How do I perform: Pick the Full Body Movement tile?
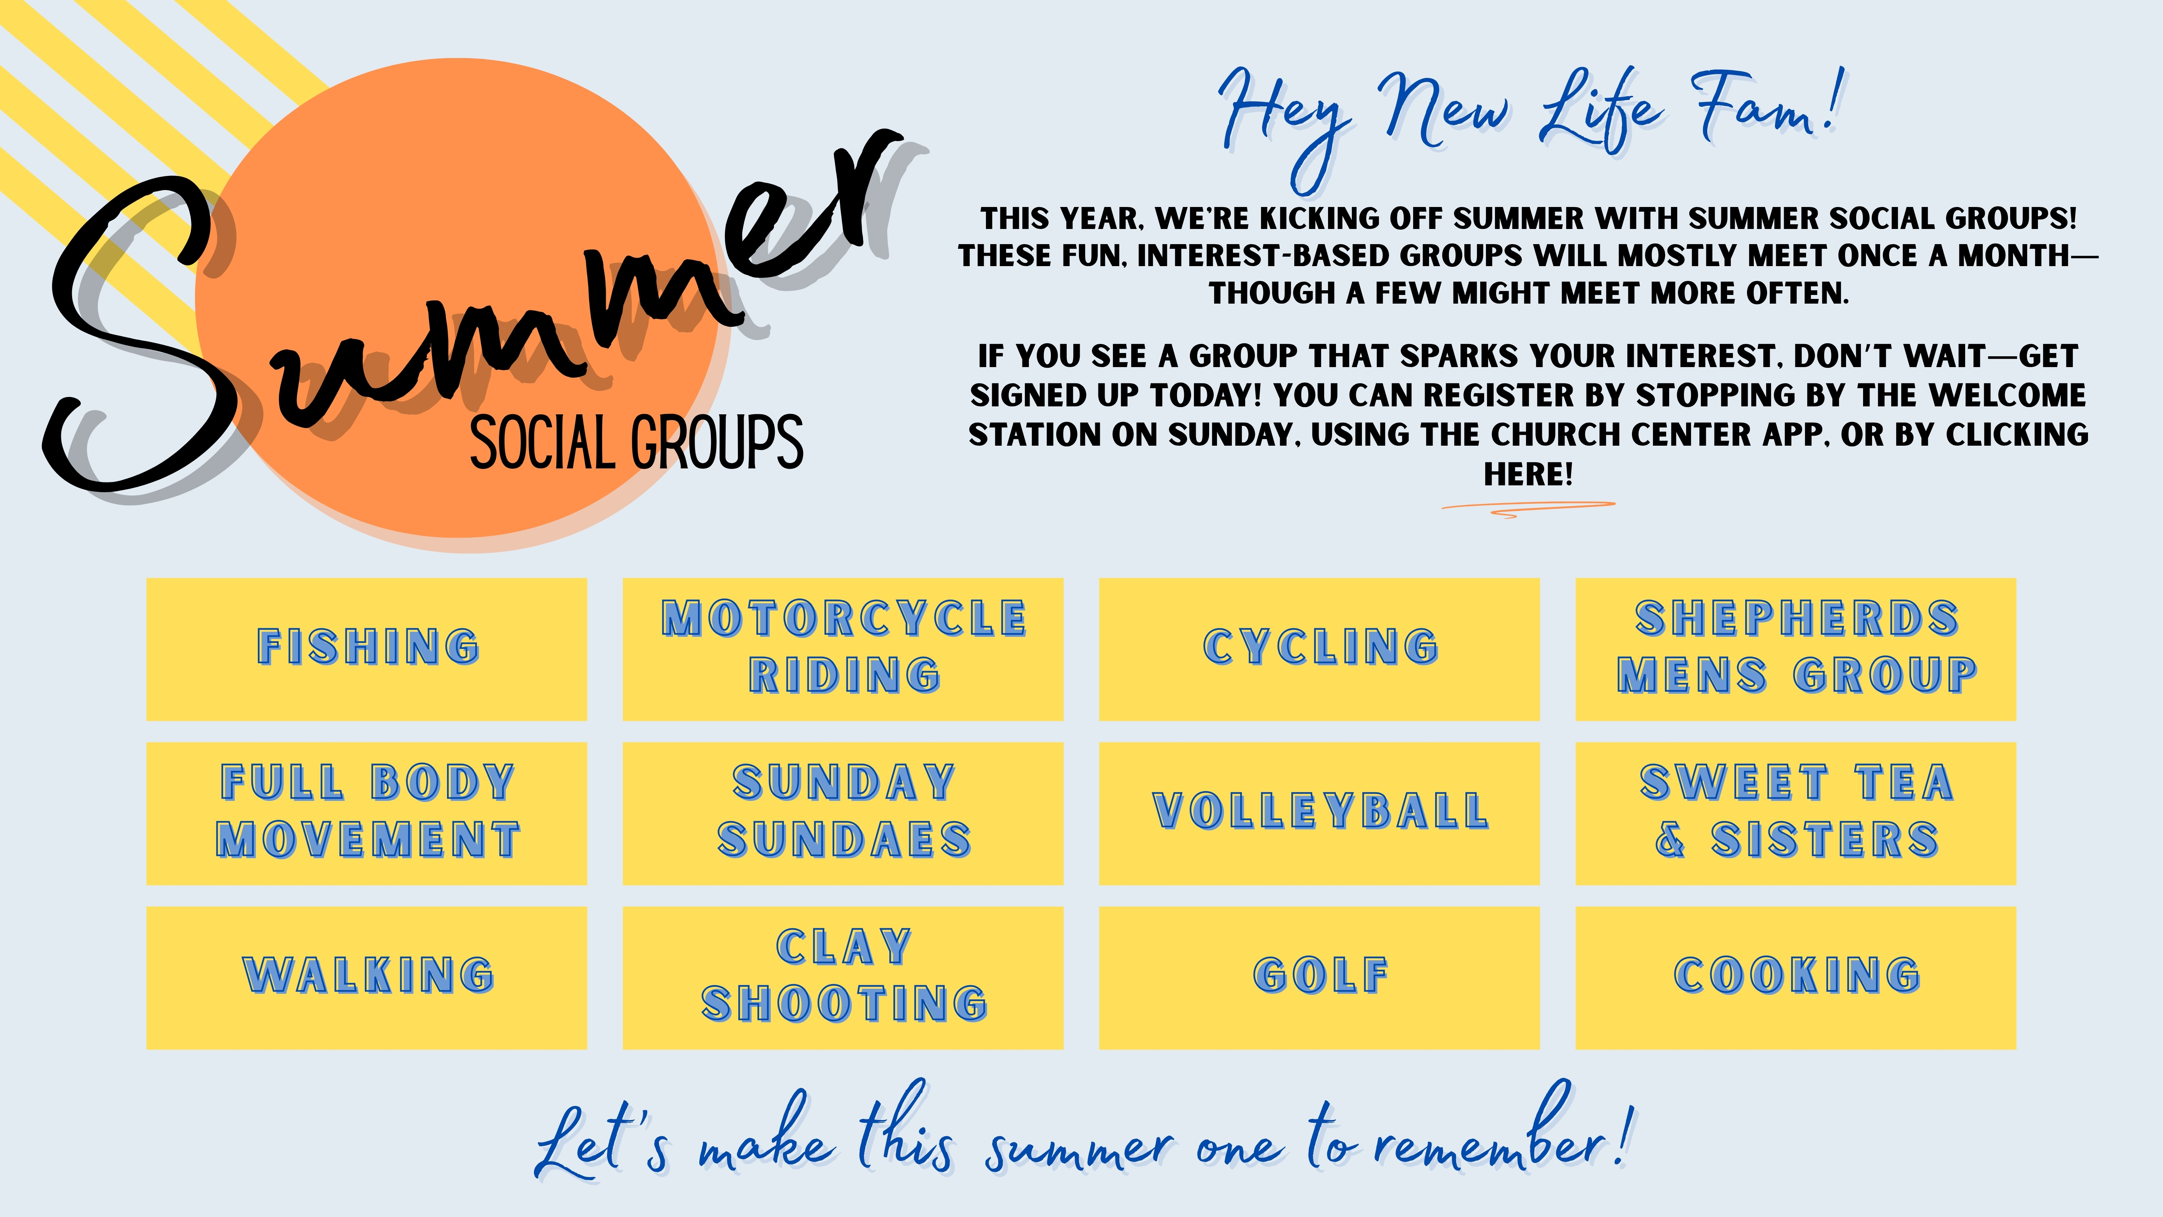click(367, 813)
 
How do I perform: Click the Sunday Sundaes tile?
click(843, 813)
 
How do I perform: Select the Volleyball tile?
click(1319, 813)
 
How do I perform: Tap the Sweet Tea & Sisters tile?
click(1796, 813)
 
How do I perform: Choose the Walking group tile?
click(367, 978)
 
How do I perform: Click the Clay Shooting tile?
click(843, 978)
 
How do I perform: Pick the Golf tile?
click(1319, 978)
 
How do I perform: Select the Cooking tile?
click(1796, 978)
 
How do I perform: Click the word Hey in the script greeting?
click(1285, 126)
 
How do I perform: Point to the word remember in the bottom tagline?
click(1490, 1138)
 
